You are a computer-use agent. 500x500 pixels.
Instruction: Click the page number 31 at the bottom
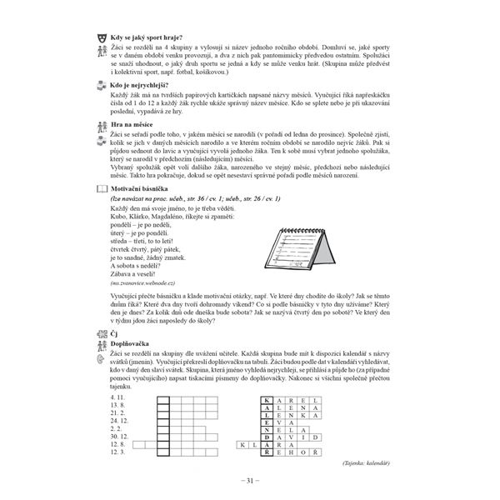coord(250,482)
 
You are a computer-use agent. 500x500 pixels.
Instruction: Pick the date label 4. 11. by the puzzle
coord(117,400)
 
